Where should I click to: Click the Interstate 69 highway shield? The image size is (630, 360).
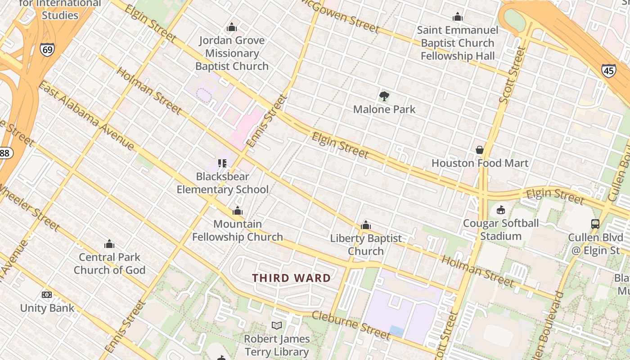point(47,49)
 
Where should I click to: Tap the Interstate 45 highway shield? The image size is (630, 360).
point(608,71)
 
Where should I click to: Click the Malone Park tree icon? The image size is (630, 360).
point(384,96)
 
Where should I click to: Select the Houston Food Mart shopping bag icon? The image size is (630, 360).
point(479,149)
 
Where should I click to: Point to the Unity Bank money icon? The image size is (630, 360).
point(47,295)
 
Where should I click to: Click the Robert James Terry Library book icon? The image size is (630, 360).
point(277,325)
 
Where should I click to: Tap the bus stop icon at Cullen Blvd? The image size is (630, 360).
point(595,224)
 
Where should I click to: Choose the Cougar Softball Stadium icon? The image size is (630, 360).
point(500,210)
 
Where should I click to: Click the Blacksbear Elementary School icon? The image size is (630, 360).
point(222,163)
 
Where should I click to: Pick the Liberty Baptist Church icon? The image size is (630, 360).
point(366,225)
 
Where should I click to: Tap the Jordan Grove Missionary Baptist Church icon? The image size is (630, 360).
point(232,27)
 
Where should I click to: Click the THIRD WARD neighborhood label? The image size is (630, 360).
point(291,278)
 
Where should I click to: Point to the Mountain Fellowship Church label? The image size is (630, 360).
point(237,230)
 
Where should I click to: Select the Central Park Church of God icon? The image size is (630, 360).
point(109,244)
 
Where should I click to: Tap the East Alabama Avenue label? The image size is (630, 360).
point(86,115)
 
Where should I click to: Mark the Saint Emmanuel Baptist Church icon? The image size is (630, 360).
point(458,17)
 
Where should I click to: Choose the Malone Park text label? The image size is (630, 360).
point(384,109)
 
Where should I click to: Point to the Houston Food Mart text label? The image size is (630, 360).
point(480,163)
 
